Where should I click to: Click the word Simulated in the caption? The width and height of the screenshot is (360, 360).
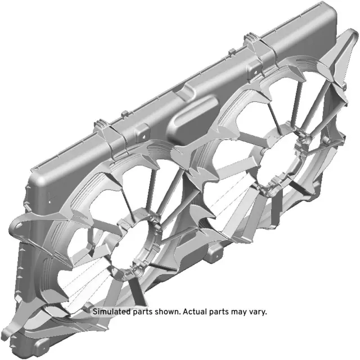click(x=110, y=311)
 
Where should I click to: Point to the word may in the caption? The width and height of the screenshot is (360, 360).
click(x=237, y=312)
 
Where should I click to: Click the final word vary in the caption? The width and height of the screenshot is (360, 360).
click(x=258, y=312)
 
